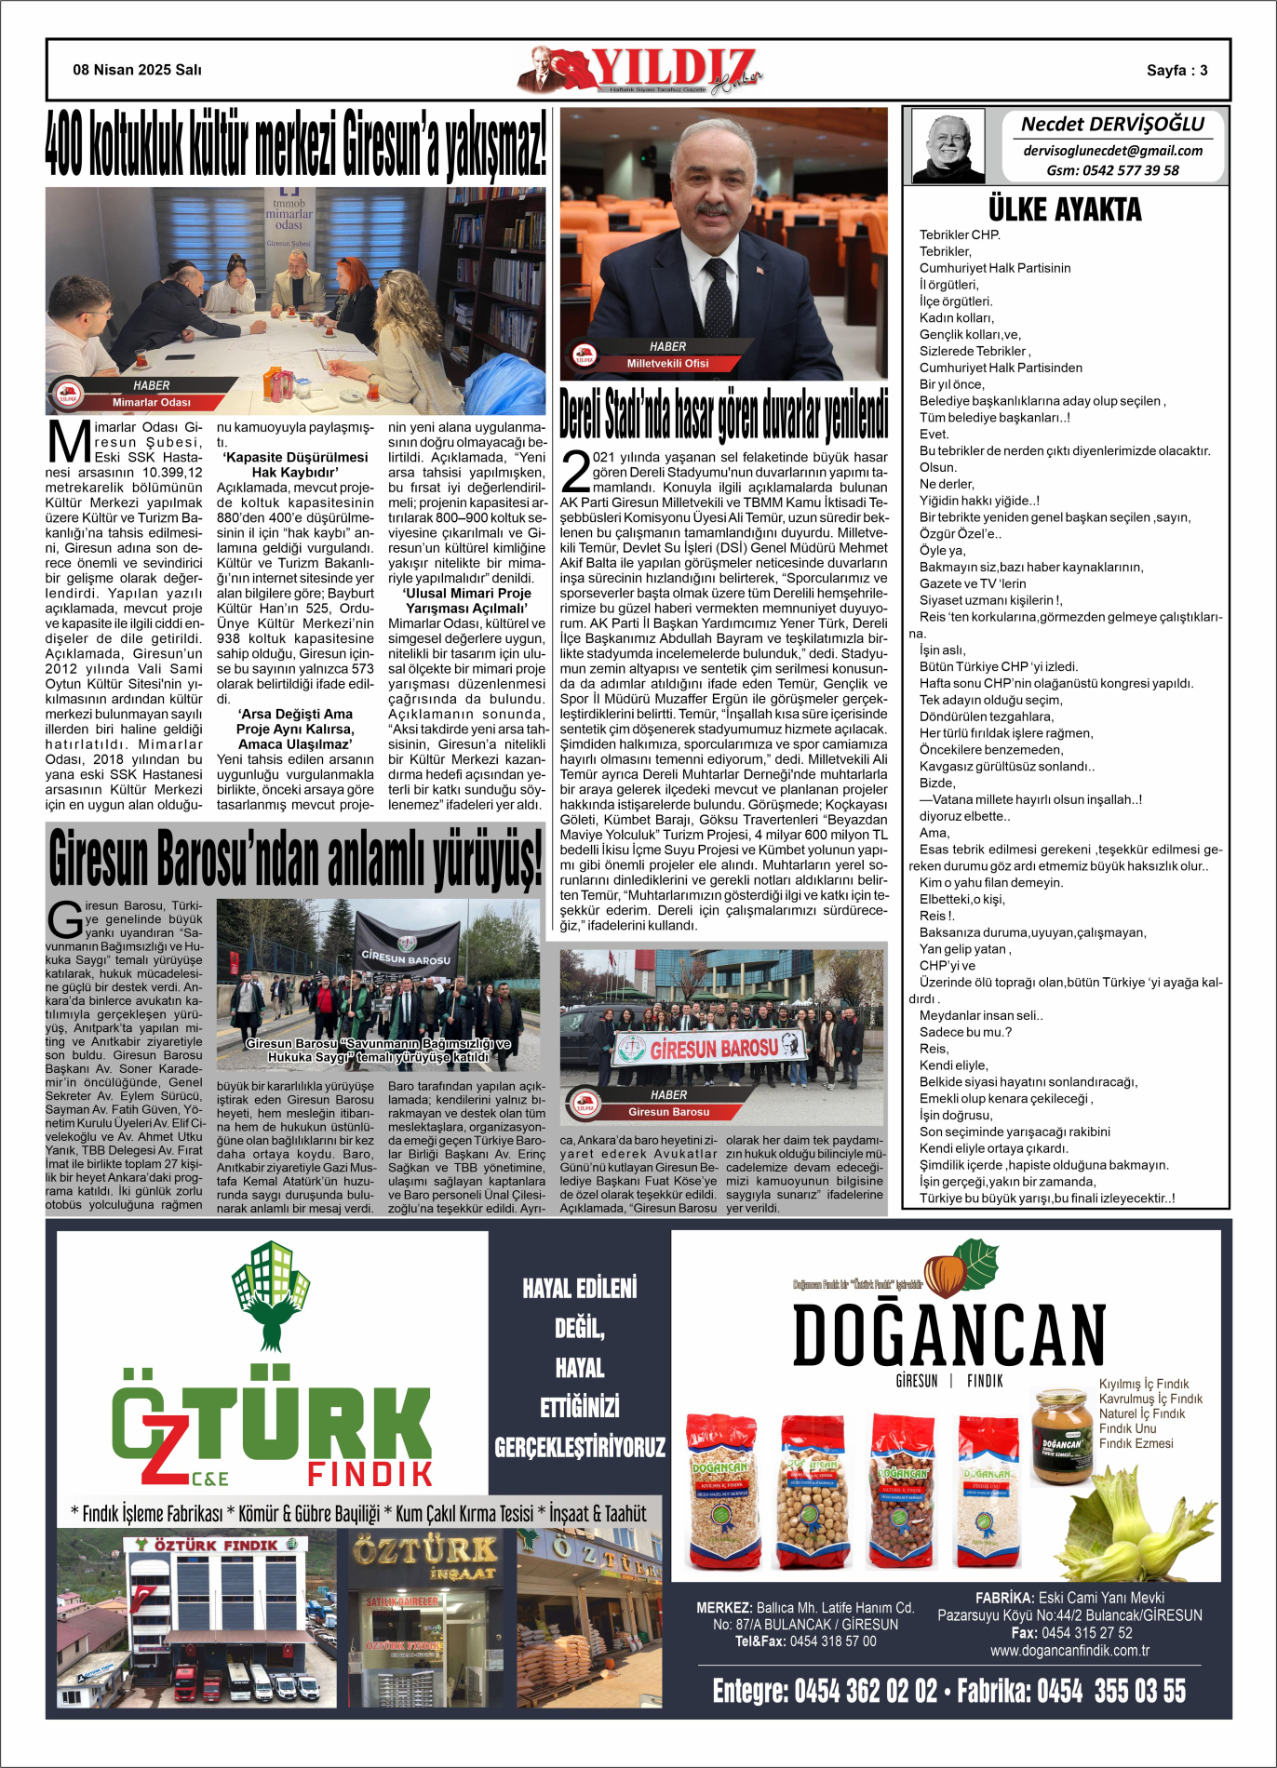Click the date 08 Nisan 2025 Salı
tap(137, 70)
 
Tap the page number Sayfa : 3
tap(1176, 71)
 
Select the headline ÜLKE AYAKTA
tap(1065, 209)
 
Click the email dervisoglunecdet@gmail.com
tap(1112, 151)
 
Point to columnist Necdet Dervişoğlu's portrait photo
tap(948, 146)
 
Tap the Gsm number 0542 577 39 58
tap(1112, 170)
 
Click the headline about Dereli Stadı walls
tap(723, 414)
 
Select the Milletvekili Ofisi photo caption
tap(667, 364)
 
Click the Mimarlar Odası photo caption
tap(151, 403)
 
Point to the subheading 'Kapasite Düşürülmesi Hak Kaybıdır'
tap(295, 464)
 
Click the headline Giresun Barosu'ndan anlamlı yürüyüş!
tap(295, 858)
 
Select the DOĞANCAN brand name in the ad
tap(948, 1334)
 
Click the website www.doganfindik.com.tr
tap(1069, 1650)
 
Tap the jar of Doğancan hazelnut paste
tap(1061, 1437)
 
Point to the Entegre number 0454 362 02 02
tap(825, 1691)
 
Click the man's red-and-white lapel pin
tap(759, 270)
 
